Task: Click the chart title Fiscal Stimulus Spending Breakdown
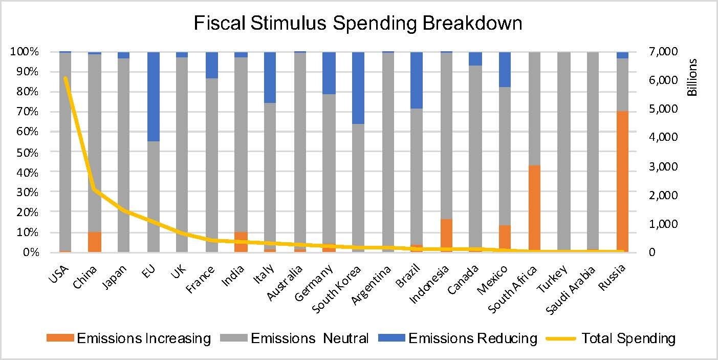point(358,23)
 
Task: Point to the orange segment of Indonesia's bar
point(446,236)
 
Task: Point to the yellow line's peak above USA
point(65,78)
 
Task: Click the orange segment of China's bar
point(94,242)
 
